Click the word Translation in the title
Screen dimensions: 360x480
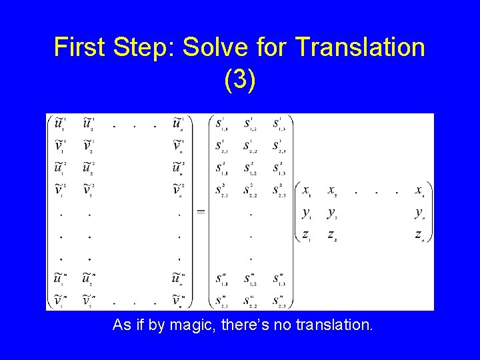click(x=359, y=47)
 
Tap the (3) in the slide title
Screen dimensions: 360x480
click(x=240, y=81)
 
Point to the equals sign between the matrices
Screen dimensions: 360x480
click(x=201, y=212)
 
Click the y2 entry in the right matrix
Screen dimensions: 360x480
click(x=331, y=213)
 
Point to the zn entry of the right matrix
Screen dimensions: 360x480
click(x=419, y=234)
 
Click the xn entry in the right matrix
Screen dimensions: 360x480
click(x=419, y=191)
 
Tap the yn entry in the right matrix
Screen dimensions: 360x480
click(x=419, y=213)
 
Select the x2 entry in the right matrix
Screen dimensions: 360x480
click(x=331, y=191)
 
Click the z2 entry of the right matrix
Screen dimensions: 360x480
click(x=331, y=234)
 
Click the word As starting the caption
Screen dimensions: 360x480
click(x=121, y=325)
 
